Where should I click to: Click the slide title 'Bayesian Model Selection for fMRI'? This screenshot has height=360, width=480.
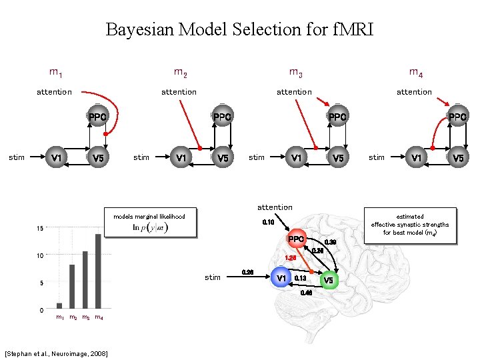239,29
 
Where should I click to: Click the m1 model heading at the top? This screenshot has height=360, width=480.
56,71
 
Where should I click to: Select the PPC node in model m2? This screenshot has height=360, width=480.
222,117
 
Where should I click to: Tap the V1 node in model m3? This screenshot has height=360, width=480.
294,158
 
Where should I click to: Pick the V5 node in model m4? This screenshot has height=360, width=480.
457,158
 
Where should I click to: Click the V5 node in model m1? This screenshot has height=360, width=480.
98,158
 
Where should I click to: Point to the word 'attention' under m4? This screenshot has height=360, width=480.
414,92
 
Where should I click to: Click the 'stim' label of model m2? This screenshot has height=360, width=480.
141,158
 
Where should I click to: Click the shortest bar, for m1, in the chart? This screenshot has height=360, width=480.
59,305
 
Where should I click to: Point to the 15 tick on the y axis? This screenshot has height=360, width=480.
41,229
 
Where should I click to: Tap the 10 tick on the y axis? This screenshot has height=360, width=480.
41,256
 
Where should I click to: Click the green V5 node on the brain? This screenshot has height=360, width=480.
329,280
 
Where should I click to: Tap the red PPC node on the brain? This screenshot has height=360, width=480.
295,239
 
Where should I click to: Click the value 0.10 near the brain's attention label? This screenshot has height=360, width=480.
268,221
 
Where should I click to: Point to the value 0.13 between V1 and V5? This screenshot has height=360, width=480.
300,278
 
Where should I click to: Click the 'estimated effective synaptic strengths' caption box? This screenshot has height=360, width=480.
409,224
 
